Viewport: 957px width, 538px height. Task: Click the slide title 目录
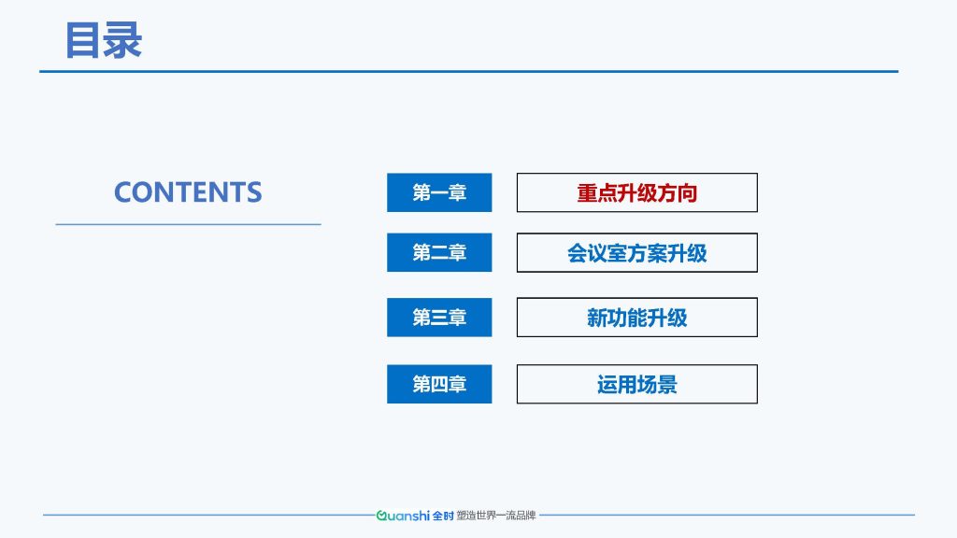tap(103, 40)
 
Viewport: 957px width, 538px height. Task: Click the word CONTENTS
tap(188, 192)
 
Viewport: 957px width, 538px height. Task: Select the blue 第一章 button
tap(439, 192)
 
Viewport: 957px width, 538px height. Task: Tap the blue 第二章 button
tap(439, 252)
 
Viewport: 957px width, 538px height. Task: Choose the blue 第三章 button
tap(439, 318)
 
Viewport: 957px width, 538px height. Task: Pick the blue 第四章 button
tap(439, 384)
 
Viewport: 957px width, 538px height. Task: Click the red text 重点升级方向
tap(637, 192)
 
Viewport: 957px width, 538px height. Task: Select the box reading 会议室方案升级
tap(637, 252)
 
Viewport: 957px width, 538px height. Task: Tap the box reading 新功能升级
tap(637, 318)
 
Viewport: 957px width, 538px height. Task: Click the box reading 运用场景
tap(637, 384)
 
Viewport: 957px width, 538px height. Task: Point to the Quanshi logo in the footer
tap(403, 516)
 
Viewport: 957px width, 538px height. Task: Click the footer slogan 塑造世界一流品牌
tap(496, 516)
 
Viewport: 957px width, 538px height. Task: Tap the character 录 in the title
tap(123, 40)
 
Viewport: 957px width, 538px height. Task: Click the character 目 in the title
tap(82, 40)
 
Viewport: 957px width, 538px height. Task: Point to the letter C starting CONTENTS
tap(124, 192)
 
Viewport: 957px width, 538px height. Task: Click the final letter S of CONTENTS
tap(253, 192)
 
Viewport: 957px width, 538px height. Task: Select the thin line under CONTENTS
tap(188, 224)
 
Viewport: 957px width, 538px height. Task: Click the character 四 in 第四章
tap(439, 384)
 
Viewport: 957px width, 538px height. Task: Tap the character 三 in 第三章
tap(439, 318)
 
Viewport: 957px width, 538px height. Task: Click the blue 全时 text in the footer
tap(443, 516)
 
